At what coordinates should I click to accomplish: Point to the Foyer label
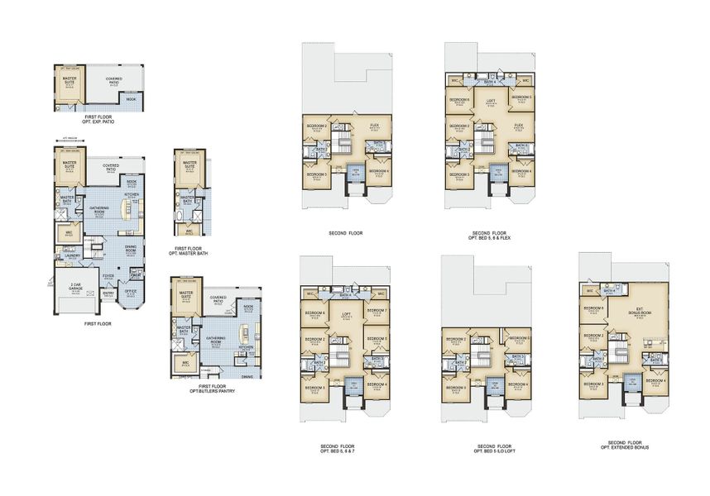pos(108,276)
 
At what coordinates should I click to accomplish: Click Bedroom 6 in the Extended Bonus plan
pos(594,308)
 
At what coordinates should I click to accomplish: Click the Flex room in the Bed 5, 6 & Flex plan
pos(518,126)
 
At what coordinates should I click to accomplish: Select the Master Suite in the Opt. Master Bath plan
pos(189,165)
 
